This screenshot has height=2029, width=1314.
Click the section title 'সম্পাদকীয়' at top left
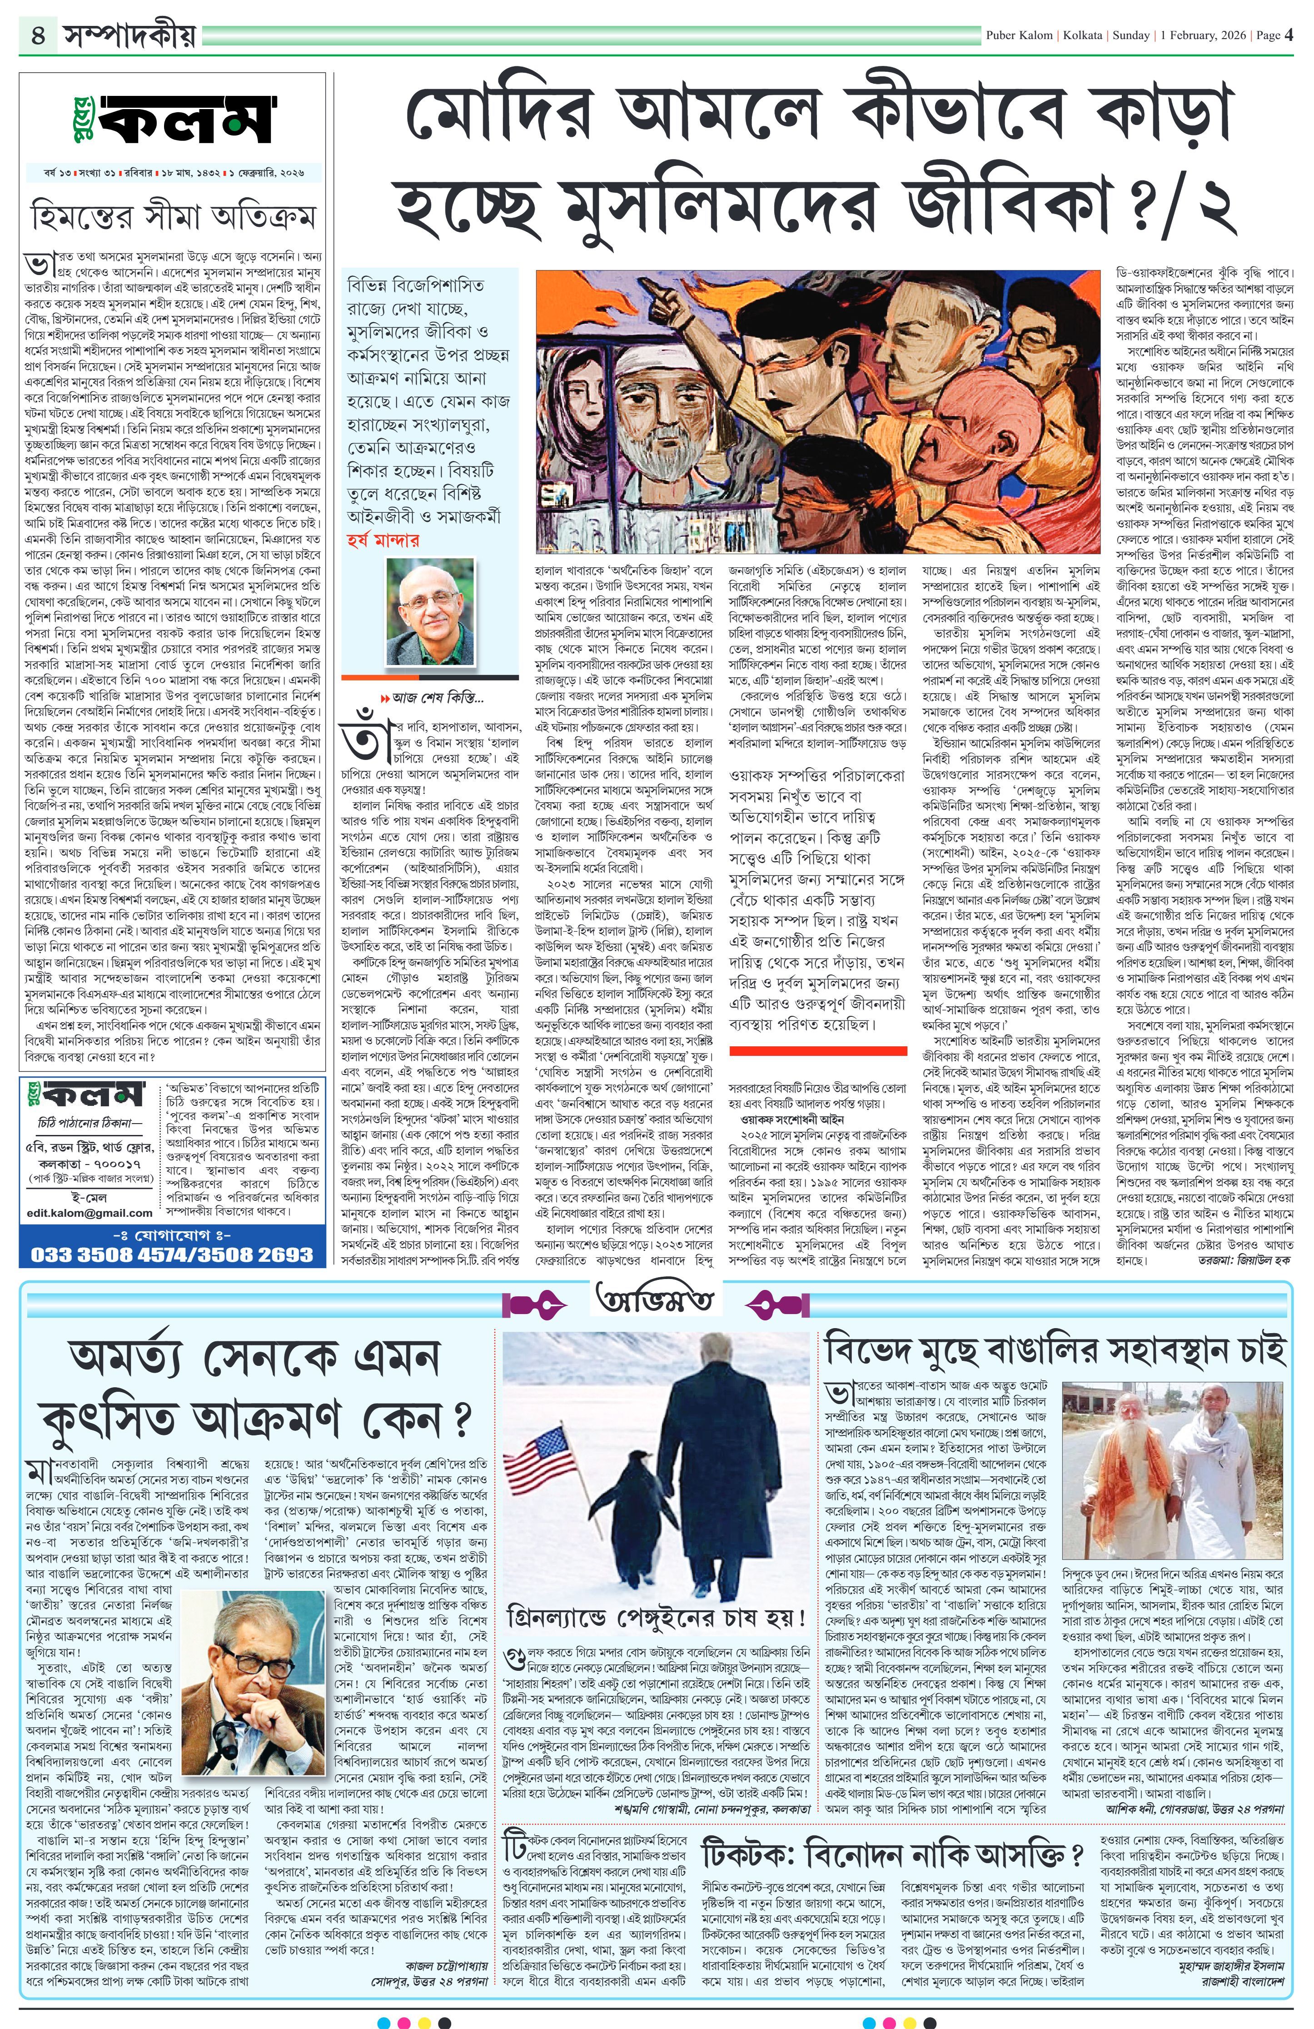pos(124,36)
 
